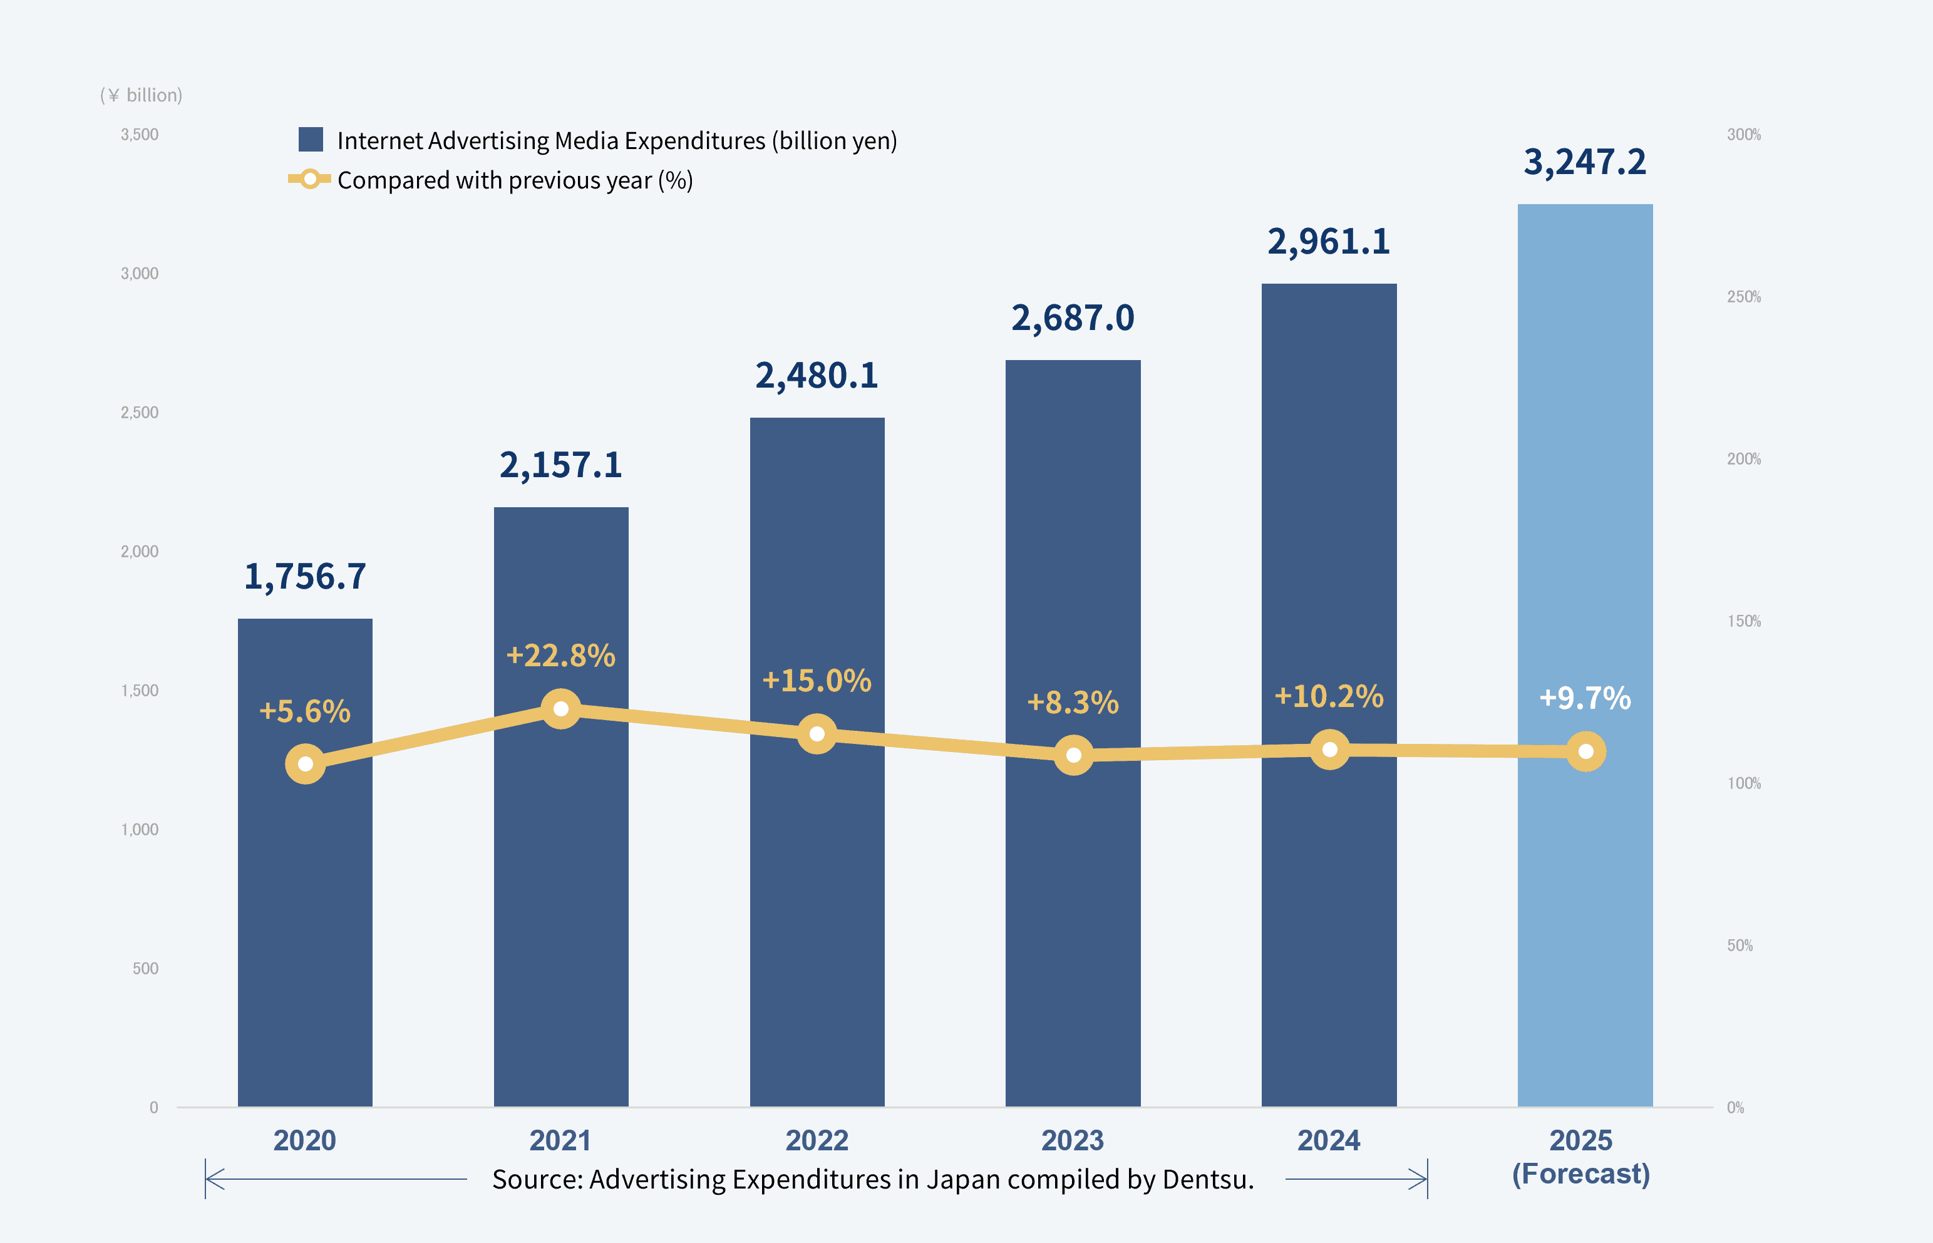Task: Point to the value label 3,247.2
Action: (1584, 162)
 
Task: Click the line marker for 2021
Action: (561, 709)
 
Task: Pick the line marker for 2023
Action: (1073, 755)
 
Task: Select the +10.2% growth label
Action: (1329, 696)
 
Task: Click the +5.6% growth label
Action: (305, 711)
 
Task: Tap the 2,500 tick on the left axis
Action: (140, 413)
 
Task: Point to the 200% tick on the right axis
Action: (1743, 458)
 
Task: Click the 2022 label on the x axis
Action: (817, 1140)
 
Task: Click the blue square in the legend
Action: (311, 140)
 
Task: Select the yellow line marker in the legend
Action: (310, 179)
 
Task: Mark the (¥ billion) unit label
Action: (142, 95)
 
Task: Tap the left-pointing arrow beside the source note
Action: (215, 1179)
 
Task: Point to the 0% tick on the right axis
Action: (1735, 1107)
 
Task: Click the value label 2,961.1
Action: (1329, 241)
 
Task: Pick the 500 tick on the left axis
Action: (145, 969)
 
